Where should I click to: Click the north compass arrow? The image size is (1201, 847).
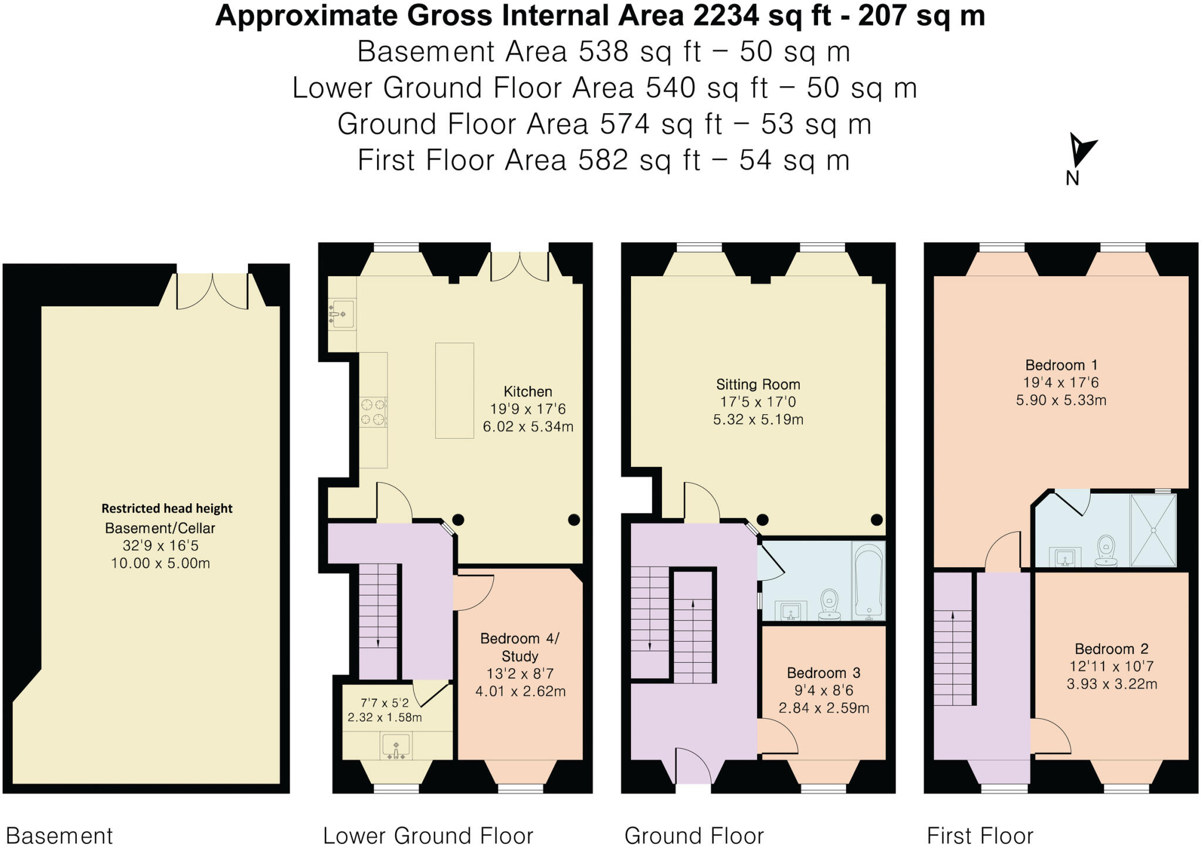(x=1080, y=151)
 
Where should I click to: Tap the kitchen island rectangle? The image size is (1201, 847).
(x=454, y=390)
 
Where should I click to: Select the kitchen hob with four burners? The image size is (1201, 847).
(x=373, y=411)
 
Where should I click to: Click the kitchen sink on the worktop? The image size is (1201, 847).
(x=342, y=314)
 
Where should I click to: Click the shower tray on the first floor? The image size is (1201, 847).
(x=1153, y=530)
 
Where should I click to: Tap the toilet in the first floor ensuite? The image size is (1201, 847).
(x=1105, y=551)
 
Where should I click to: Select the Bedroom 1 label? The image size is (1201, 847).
(x=1061, y=365)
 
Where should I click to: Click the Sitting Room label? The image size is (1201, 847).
(x=758, y=385)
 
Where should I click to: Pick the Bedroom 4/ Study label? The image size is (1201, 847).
(x=520, y=646)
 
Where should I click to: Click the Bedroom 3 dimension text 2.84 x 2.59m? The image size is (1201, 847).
(x=823, y=708)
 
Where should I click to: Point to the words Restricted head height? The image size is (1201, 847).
(x=167, y=509)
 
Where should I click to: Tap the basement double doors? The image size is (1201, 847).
(x=212, y=292)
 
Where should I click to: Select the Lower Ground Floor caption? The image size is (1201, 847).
(x=428, y=835)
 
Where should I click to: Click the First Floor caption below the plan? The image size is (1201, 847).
(x=979, y=835)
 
